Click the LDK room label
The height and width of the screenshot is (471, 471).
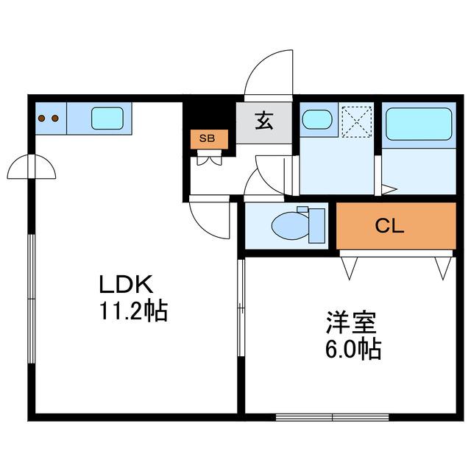(x=126, y=284)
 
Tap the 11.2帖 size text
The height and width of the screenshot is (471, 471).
(x=133, y=311)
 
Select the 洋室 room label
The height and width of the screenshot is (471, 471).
(x=352, y=323)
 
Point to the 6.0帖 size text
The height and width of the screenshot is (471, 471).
(x=353, y=350)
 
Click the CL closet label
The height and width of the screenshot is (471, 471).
(x=389, y=226)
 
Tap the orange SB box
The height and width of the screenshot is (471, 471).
(x=209, y=139)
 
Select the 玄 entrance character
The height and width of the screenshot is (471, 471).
(x=264, y=121)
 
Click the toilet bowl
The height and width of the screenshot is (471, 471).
(x=290, y=225)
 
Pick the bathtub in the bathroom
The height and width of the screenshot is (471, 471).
(x=419, y=124)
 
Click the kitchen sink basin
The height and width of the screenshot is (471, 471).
(x=107, y=118)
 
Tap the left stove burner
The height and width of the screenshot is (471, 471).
(x=42, y=118)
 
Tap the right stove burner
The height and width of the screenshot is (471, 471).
(x=55, y=118)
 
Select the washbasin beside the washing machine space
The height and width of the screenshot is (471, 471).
(x=317, y=119)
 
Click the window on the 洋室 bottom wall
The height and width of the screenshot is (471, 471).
(x=332, y=417)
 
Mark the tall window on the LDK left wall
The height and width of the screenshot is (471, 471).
(x=32, y=299)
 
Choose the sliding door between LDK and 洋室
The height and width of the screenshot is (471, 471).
(x=241, y=308)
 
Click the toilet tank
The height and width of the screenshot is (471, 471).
(x=317, y=226)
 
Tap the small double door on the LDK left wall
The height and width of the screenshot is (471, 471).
(x=32, y=167)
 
